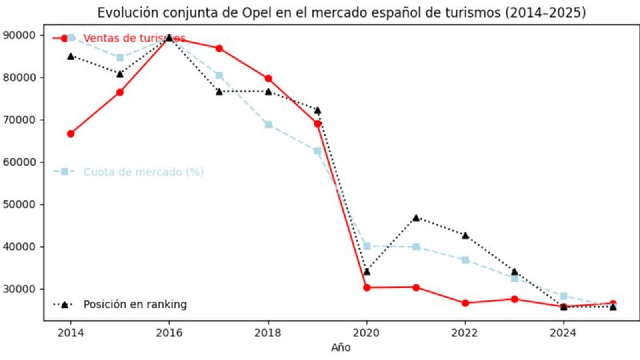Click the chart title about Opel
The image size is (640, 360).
click(x=341, y=12)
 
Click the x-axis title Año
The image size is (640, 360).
click(x=340, y=348)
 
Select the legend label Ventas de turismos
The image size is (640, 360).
click(x=134, y=38)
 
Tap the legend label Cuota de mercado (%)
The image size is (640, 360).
click(x=143, y=172)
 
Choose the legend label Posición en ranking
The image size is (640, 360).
click(x=135, y=304)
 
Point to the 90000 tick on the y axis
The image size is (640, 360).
click(x=19, y=35)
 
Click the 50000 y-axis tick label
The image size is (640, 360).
click(x=19, y=204)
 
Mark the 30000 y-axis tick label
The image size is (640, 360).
click(x=19, y=289)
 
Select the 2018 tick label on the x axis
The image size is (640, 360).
click(x=268, y=333)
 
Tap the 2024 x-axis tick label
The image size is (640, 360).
click(x=563, y=333)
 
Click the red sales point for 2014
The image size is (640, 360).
click(x=71, y=134)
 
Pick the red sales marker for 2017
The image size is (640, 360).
click(x=219, y=48)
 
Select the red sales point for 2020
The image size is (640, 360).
click(x=367, y=288)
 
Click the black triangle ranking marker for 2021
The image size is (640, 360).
click(x=416, y=218)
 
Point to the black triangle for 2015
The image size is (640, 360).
click(x=120, y=74)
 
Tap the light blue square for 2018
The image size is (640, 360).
click(x=268, y=125)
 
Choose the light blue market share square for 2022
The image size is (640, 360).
click(x=465, y=260)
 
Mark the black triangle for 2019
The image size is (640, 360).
click(x=318, y=110)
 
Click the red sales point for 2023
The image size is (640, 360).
click(x=514, y=299)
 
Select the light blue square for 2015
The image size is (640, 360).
click(x=120, y=58)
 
